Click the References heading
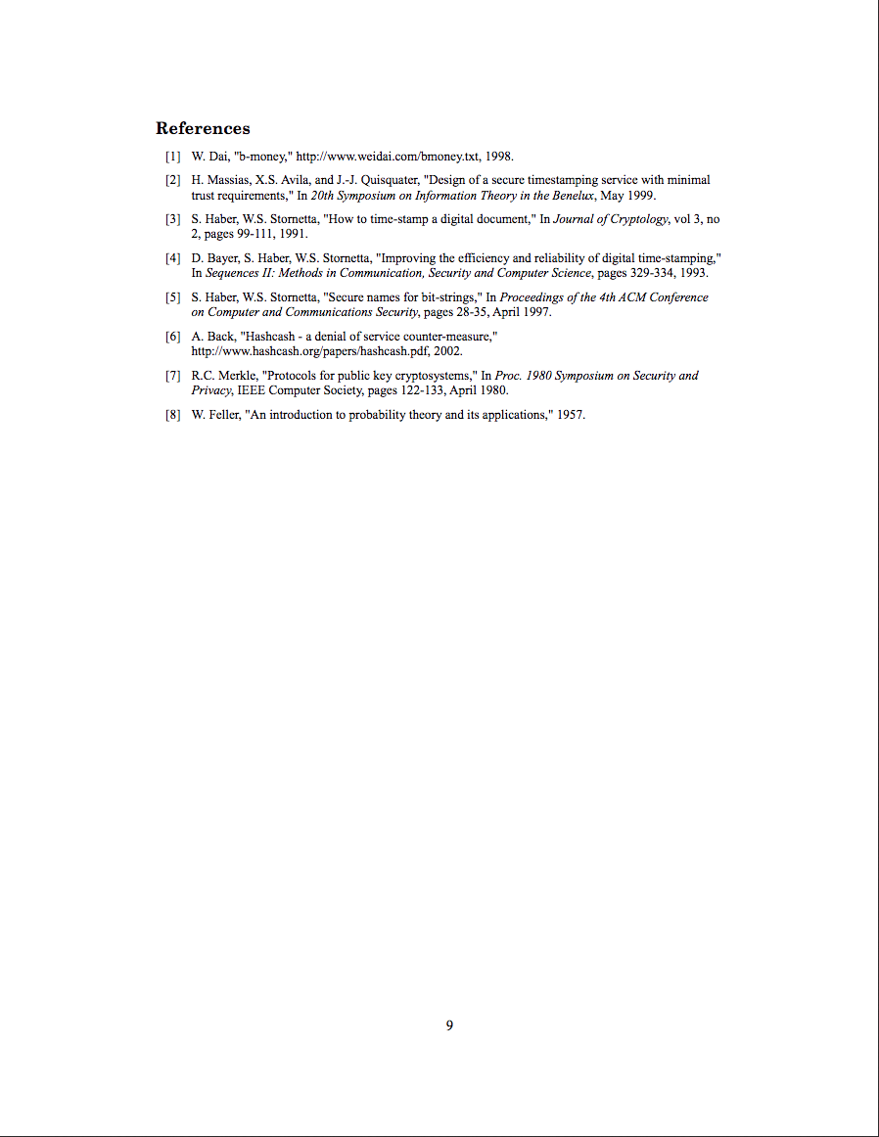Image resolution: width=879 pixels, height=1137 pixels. click(203, 128)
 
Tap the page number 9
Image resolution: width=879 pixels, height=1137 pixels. click(449, 1025)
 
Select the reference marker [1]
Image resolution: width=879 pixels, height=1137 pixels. click(173, 157)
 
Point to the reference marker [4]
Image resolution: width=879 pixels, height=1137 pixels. click(173, 258)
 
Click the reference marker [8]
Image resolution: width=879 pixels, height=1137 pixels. click(173, 415)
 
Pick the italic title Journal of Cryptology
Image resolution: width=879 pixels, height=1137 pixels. click(611, 219)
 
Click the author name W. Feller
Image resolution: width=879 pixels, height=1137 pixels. click(215, 415)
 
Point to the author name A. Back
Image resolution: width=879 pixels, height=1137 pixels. click(212, 337)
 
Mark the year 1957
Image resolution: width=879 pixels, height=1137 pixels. click(571, 415)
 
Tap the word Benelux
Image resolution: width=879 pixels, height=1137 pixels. click(573, 195)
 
